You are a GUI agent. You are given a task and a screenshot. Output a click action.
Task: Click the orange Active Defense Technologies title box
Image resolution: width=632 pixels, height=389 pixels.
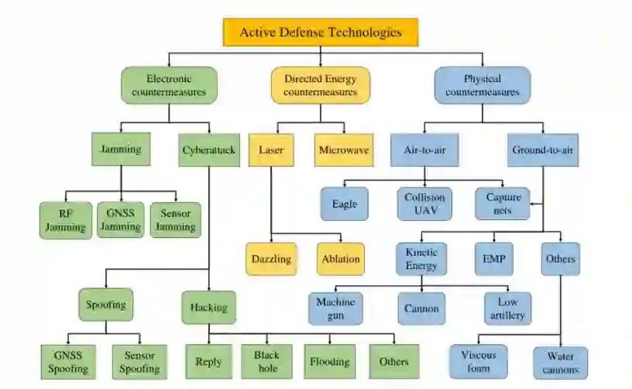click(320, 33)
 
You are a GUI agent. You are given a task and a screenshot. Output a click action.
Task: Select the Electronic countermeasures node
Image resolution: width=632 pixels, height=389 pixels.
click(169, 85)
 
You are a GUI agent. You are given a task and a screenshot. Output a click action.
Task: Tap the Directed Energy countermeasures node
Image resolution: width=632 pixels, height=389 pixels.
click(320, 85)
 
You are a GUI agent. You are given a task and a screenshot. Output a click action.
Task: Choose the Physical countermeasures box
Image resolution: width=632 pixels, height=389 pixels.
click(482, 85)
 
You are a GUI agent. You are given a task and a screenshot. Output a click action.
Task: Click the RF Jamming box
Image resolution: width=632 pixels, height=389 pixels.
click(66, 220)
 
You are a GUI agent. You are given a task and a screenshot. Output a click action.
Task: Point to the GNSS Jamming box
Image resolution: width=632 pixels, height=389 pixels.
click(120, 220)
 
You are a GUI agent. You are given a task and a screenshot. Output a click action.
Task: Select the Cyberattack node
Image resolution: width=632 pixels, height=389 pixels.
click(209, 150)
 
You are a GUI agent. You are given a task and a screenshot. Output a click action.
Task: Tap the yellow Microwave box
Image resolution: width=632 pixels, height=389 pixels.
click(344, 150)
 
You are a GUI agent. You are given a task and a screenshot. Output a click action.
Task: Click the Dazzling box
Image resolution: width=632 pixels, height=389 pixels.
click(270, 260)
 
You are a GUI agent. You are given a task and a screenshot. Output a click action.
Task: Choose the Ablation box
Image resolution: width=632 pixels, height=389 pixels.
click(340, 260)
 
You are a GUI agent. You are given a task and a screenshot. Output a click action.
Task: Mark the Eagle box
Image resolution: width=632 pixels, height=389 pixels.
click(345, 204)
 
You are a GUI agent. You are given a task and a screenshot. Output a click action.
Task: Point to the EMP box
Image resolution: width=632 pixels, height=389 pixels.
click(493, 260)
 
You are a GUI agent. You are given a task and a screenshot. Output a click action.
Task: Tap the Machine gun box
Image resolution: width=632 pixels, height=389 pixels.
click(335, 308)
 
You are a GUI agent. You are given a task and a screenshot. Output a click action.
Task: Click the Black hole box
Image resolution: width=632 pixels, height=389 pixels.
click(268, 362)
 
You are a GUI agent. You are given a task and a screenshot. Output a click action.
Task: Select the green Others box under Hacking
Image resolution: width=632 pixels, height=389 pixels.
click(393, 362)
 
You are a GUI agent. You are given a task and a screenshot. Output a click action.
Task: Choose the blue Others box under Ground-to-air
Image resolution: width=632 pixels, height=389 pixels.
click(560, 259)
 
